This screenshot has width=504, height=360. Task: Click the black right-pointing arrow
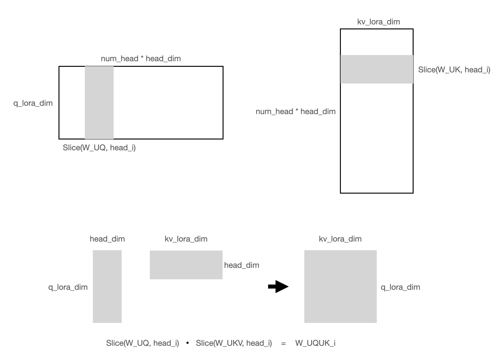pos(278,287)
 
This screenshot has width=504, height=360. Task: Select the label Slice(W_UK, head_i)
pos(454,70)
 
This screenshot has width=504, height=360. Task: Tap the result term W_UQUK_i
pos(315,343)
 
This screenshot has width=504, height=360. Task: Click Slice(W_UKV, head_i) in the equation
pos(234,343)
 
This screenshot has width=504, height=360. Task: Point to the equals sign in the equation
pos(283,343)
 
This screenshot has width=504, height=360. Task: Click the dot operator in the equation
pos(188,343)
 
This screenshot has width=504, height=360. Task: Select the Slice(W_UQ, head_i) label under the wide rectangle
pos(99,148)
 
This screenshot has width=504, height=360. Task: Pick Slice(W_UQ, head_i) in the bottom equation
pos(142,343)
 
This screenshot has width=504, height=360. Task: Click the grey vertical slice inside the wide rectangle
pos(99,103)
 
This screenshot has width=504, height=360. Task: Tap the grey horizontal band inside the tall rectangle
pos(376,69)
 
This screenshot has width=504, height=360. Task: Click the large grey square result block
pos(340,286)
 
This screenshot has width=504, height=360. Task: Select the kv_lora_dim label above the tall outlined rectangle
pos(378,22)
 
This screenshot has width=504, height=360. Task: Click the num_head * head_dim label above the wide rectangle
pos(141,59)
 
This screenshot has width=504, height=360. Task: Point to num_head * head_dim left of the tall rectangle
pos(295,112)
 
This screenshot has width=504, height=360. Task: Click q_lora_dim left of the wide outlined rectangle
pos(33,103)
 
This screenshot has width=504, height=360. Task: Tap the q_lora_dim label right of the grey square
pos(400,287)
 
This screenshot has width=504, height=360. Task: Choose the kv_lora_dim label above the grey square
pos(340,239)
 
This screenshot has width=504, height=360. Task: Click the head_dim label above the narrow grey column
pos(107,239)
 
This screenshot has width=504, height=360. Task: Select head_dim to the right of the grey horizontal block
pos(241,265)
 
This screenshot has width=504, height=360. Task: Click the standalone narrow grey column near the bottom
pos(107,286)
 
